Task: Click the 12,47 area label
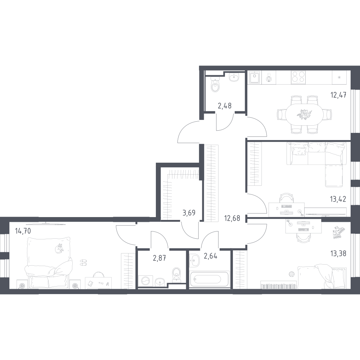tap(338, 95)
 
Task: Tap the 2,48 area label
tap(224, 106)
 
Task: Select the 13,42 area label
tap(338, 199)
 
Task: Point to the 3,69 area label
tap(189, 213)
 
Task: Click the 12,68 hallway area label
tap(232, 218)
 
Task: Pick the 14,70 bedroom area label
tap(23, 230)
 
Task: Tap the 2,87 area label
tap(159, 258)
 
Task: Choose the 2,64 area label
tap(211, 256)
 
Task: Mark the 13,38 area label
tap(338, 254)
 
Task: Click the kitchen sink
tap(255, 77)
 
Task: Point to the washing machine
tap(145, 281)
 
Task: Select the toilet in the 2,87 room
tap(176, 274)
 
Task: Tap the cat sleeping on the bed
tap(59, 248)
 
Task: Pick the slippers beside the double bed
tap(84, 263)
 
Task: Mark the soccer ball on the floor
tap(292, 274)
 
